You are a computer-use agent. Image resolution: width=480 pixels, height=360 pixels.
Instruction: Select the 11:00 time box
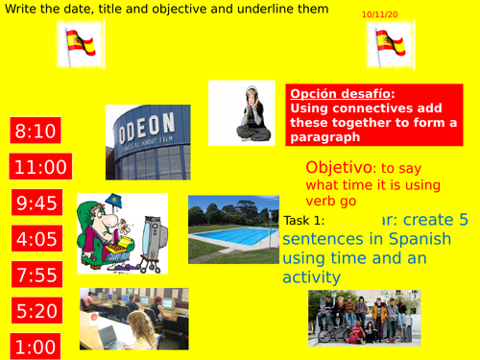(x=41, y=167)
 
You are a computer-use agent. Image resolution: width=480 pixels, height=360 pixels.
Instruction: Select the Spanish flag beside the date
(x=392, y=44)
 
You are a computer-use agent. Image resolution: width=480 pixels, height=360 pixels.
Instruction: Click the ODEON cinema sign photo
(x=141, y=142)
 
